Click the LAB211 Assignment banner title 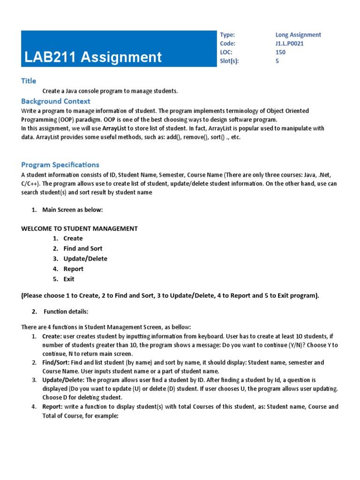[x=93, y=57]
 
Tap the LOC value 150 [x=280, y=52]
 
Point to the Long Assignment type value [x=298, y=35]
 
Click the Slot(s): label [x=229, y=61]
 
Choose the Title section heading [x=29, y=81]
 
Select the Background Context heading [x=56, y=101]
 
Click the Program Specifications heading [x=60, y=165]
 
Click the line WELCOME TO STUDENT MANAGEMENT [x=80, y=229]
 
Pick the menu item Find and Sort [x=82, y=248]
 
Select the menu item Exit [x=69, y=279]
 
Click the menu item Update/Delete [x=85, y=259]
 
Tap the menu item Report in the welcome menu [x=74, y=269]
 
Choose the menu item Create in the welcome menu [x=73, y=239]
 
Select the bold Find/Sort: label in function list [x=55, y=363]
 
